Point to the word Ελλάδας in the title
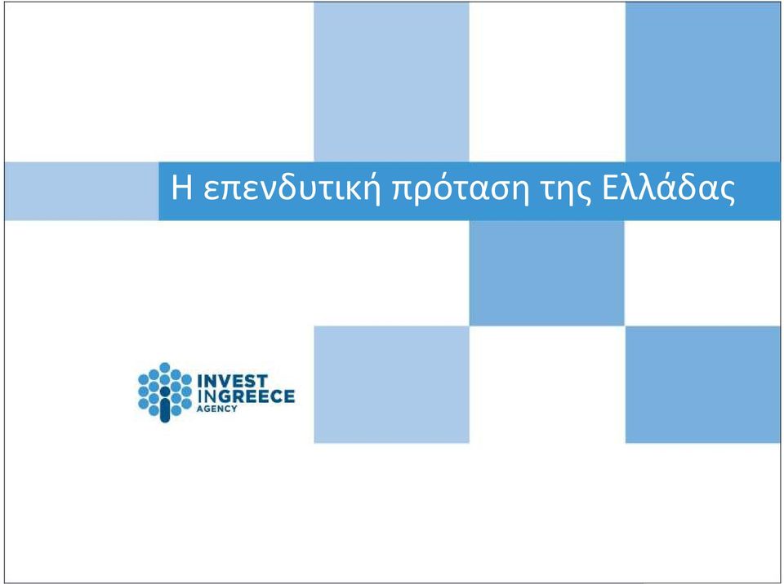[x=668, y=187]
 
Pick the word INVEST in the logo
[x=233, y=381]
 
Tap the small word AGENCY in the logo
[x=217, y=409]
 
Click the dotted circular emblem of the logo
[x=165, y=392]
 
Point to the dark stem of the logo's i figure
[x=165, y=409]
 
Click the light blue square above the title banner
[x=391, y=82]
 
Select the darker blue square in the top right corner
[x=702, y=82]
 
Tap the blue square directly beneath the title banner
[x=547, y=272]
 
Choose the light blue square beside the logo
[x=391, y=385]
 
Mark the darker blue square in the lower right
[x=702, y=385]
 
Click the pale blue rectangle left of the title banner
[x=82, y=191]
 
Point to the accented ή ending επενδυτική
[x=371, y=189]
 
